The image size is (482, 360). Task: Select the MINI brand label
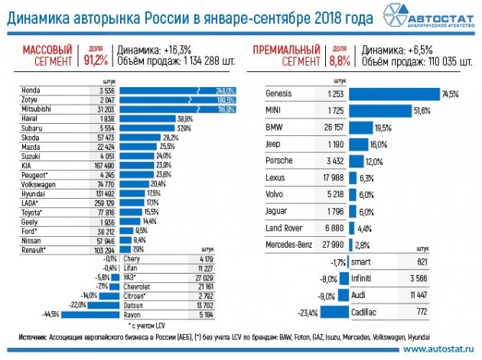273,112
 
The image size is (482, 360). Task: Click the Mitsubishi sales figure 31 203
102,109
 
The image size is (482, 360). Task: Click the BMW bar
361,128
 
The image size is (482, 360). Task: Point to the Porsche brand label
278,161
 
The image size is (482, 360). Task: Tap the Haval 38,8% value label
184,119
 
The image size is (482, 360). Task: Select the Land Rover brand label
284,228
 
